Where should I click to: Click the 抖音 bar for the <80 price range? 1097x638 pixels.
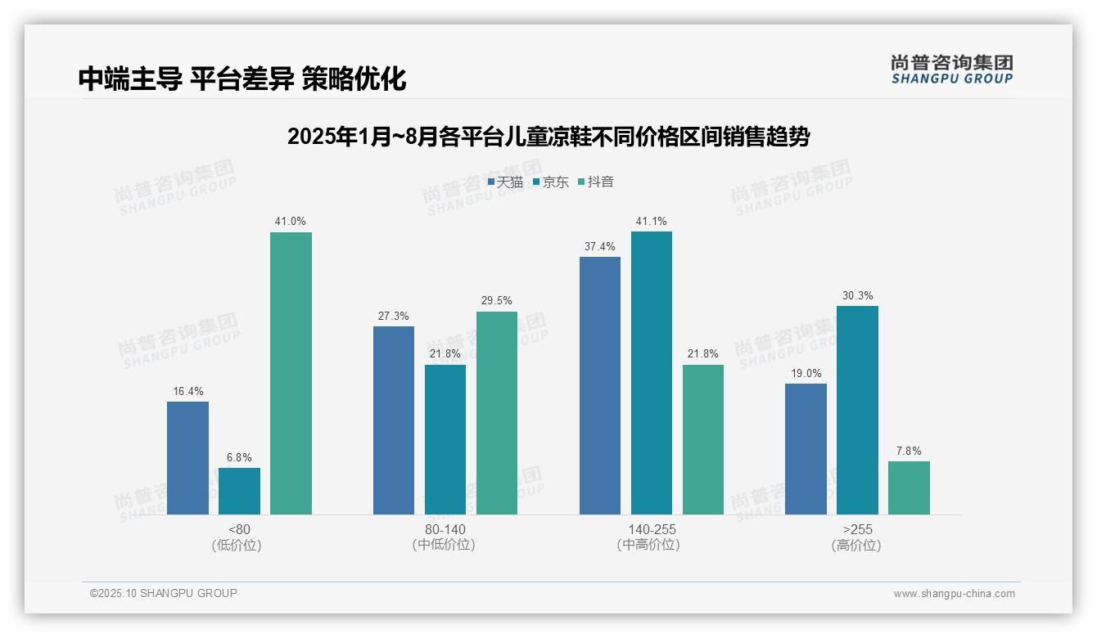291,373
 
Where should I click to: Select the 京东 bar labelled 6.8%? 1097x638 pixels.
239,491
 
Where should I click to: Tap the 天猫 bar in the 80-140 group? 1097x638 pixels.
394,420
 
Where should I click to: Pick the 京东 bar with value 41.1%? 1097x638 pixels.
652,373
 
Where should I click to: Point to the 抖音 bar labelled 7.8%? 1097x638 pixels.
909,487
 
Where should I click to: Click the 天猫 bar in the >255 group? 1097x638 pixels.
806,449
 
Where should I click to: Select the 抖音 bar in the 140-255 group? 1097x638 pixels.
703,439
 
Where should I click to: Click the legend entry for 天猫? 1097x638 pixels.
505,182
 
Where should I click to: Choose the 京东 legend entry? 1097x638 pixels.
550,182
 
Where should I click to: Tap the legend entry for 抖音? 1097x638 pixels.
596,182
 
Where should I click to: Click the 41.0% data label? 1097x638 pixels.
291,221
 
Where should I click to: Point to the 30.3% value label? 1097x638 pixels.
857,295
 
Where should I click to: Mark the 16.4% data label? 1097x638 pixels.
187,391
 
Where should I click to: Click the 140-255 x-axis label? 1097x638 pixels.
652,529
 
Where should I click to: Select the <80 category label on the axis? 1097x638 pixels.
239,529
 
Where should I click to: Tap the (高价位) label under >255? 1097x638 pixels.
857,545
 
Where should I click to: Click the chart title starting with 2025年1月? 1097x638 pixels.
548,137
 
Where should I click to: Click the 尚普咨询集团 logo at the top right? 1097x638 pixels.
952,70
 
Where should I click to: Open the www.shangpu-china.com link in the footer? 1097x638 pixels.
954,594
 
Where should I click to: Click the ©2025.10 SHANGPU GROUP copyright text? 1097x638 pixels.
164,593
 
